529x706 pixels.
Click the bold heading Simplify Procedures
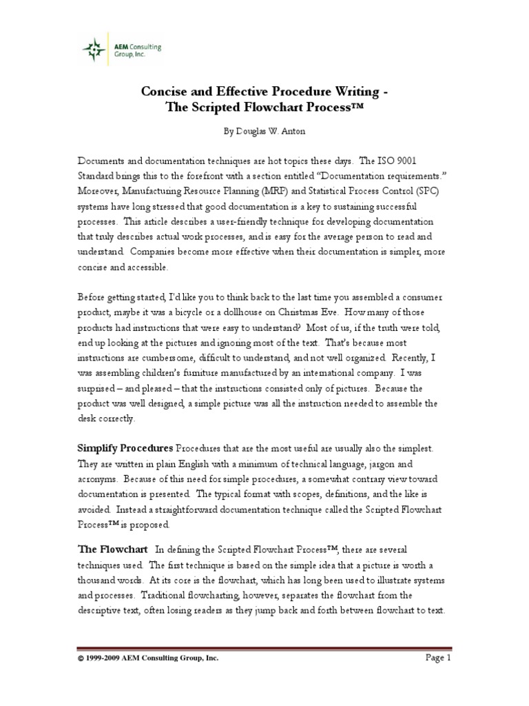(x=125, y=449)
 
